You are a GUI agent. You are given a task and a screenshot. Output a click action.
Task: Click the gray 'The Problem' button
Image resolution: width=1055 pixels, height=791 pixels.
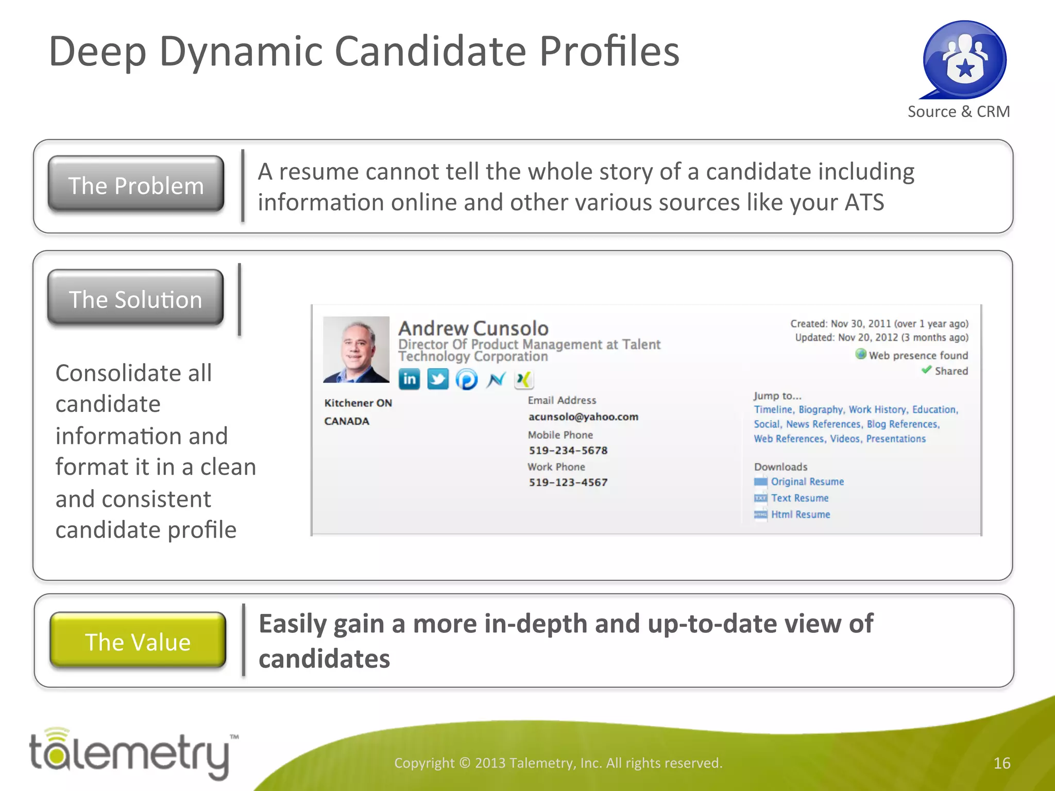coord(136,185)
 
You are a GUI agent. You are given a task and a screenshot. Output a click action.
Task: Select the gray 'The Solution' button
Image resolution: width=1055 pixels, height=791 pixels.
coord(135,299)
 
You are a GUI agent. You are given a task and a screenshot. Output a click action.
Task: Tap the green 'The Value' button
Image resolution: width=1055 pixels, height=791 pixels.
coord(138,641)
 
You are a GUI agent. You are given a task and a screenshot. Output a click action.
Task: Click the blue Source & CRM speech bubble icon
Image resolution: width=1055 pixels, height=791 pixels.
coord(964,60)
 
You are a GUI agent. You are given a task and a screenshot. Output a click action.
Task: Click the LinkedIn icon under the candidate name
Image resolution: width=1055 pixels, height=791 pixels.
coord(410,380)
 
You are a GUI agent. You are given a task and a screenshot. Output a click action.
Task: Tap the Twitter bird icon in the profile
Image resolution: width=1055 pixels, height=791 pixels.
coord(438,380)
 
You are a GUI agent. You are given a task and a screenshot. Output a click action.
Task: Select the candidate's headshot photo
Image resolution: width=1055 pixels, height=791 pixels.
coord(356,349)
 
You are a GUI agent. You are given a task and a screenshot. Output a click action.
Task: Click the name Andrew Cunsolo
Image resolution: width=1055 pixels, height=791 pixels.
coord(473,328)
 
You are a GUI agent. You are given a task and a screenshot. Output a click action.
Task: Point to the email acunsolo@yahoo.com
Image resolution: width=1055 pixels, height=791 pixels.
coord(583,417)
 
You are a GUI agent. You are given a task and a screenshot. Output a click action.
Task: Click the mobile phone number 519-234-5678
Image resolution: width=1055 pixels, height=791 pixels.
coord(568,451)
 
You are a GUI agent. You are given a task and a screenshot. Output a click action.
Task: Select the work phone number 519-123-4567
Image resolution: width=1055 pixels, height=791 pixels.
coord(568,483)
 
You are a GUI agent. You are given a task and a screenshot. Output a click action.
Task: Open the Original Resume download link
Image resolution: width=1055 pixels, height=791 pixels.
coord(807,482)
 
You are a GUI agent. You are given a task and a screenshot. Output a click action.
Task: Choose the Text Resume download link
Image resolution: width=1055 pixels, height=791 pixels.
coord(799,498)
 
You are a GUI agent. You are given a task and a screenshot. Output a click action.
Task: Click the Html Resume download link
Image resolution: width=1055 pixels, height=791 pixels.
coord(801,514)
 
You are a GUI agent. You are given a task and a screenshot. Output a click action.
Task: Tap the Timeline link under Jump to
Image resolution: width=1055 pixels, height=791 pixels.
coord(773,409)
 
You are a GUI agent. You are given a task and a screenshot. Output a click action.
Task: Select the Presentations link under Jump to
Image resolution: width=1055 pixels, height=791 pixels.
coord(896,439)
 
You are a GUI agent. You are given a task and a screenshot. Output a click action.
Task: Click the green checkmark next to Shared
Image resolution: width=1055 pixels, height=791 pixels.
coord(926,370)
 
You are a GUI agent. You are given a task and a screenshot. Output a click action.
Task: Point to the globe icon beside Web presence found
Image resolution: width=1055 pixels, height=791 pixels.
coord(861,354)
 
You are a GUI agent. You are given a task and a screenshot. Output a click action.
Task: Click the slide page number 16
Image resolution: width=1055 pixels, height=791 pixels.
coord(1001,763)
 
